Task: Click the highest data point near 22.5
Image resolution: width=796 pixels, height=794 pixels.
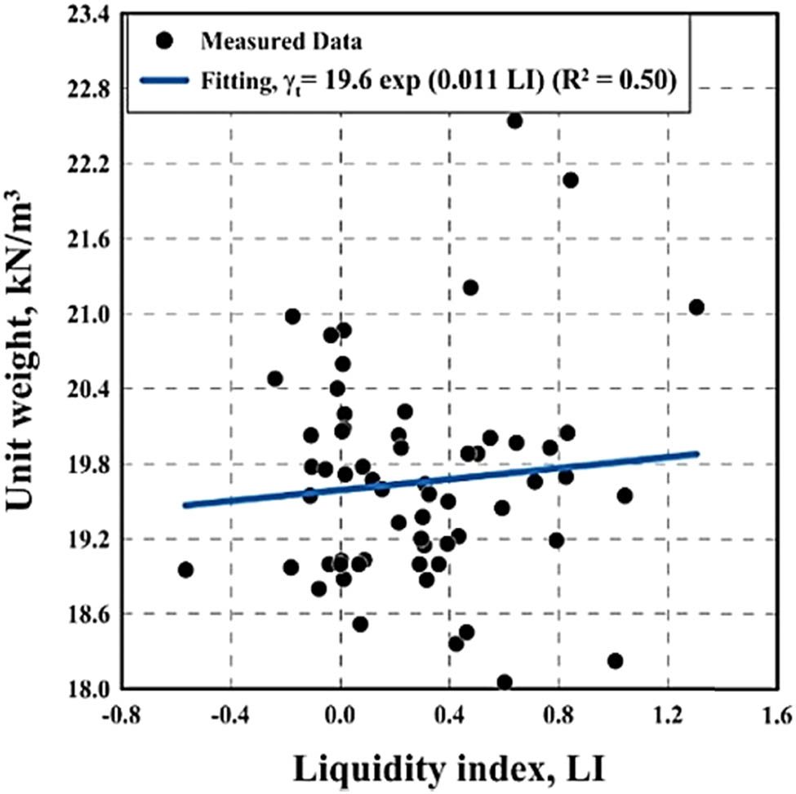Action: pyautogui.click(x=514, y=121)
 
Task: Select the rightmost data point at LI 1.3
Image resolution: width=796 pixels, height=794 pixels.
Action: pyautogui.click(x=696, y=307)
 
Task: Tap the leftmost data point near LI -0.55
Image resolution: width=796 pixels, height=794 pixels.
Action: pyautogui.click(x=185, y=570)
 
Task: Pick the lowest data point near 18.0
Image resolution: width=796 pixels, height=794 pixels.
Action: pyautogui.click(x=505, y=682)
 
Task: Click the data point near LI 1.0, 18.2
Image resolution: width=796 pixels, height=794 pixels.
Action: pyautogui.click(x=615, y=660)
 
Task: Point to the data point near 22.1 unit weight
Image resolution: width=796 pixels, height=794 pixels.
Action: pyautogui.click(x=570, y=180)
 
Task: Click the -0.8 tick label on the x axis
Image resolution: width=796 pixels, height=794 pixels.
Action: pyautogui.click(x=121, y=716)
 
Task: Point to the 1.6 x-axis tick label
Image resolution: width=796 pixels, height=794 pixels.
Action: pyautogui.click(x=776, y=716)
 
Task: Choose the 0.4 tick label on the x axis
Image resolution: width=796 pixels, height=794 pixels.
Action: pyautogui.click(x=448, y=716)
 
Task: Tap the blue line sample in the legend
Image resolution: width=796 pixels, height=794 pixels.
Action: pyautogui.click(x=167, y=80)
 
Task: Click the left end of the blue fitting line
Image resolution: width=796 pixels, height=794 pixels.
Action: pyautogui.click(x=185, y=505)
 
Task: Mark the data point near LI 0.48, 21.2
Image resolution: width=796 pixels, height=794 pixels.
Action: pyautogui.click(x=470, y=287)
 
